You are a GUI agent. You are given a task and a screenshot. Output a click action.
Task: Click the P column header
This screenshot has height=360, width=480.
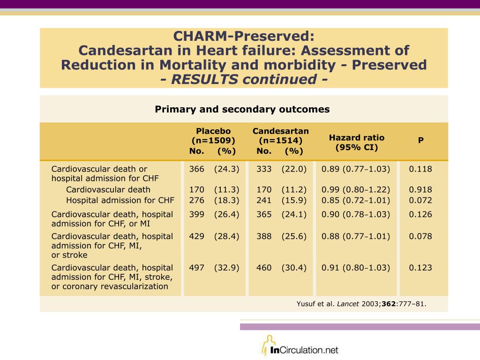tap(421, 140)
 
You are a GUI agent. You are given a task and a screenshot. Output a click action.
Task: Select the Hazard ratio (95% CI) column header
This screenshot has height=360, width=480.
tap(357, 142)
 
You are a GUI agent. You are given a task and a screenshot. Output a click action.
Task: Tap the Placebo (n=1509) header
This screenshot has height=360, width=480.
tap(213, 135)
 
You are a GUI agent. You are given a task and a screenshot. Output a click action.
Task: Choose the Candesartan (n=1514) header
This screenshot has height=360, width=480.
tap(281, 135)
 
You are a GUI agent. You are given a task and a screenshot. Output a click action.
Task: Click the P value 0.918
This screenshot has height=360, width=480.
tap(420, 189)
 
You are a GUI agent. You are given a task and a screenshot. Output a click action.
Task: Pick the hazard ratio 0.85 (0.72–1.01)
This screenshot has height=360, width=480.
tap(356, 200)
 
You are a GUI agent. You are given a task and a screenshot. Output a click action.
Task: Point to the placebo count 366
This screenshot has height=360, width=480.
tap(196, 169)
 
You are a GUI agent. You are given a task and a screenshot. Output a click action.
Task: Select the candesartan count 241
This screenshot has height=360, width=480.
tap(264, 200)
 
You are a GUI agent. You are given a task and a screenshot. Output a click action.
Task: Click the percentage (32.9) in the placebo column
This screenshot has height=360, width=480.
tap(226, 268)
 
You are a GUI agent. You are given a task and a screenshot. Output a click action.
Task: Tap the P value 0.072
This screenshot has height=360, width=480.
tap(420, 200)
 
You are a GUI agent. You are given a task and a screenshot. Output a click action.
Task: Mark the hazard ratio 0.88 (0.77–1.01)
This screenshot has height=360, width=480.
tap(356, 236)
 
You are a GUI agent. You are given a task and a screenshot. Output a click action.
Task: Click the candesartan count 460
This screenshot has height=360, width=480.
tap(264, 268)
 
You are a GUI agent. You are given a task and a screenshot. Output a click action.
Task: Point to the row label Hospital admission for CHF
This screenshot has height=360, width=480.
tap(120, 200)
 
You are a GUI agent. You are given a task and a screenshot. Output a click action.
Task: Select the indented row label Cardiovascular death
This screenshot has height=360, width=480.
tap(108, 189)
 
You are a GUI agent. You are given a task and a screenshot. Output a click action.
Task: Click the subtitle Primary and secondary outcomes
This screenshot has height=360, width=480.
tap(242, 109)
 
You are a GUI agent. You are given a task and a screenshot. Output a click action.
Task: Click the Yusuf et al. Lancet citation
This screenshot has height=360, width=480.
tap(361, 304)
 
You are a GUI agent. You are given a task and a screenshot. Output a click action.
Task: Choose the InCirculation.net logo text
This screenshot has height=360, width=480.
tap(304, 350)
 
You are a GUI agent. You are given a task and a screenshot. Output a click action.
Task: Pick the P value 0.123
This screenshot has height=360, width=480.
tap(420, 268)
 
